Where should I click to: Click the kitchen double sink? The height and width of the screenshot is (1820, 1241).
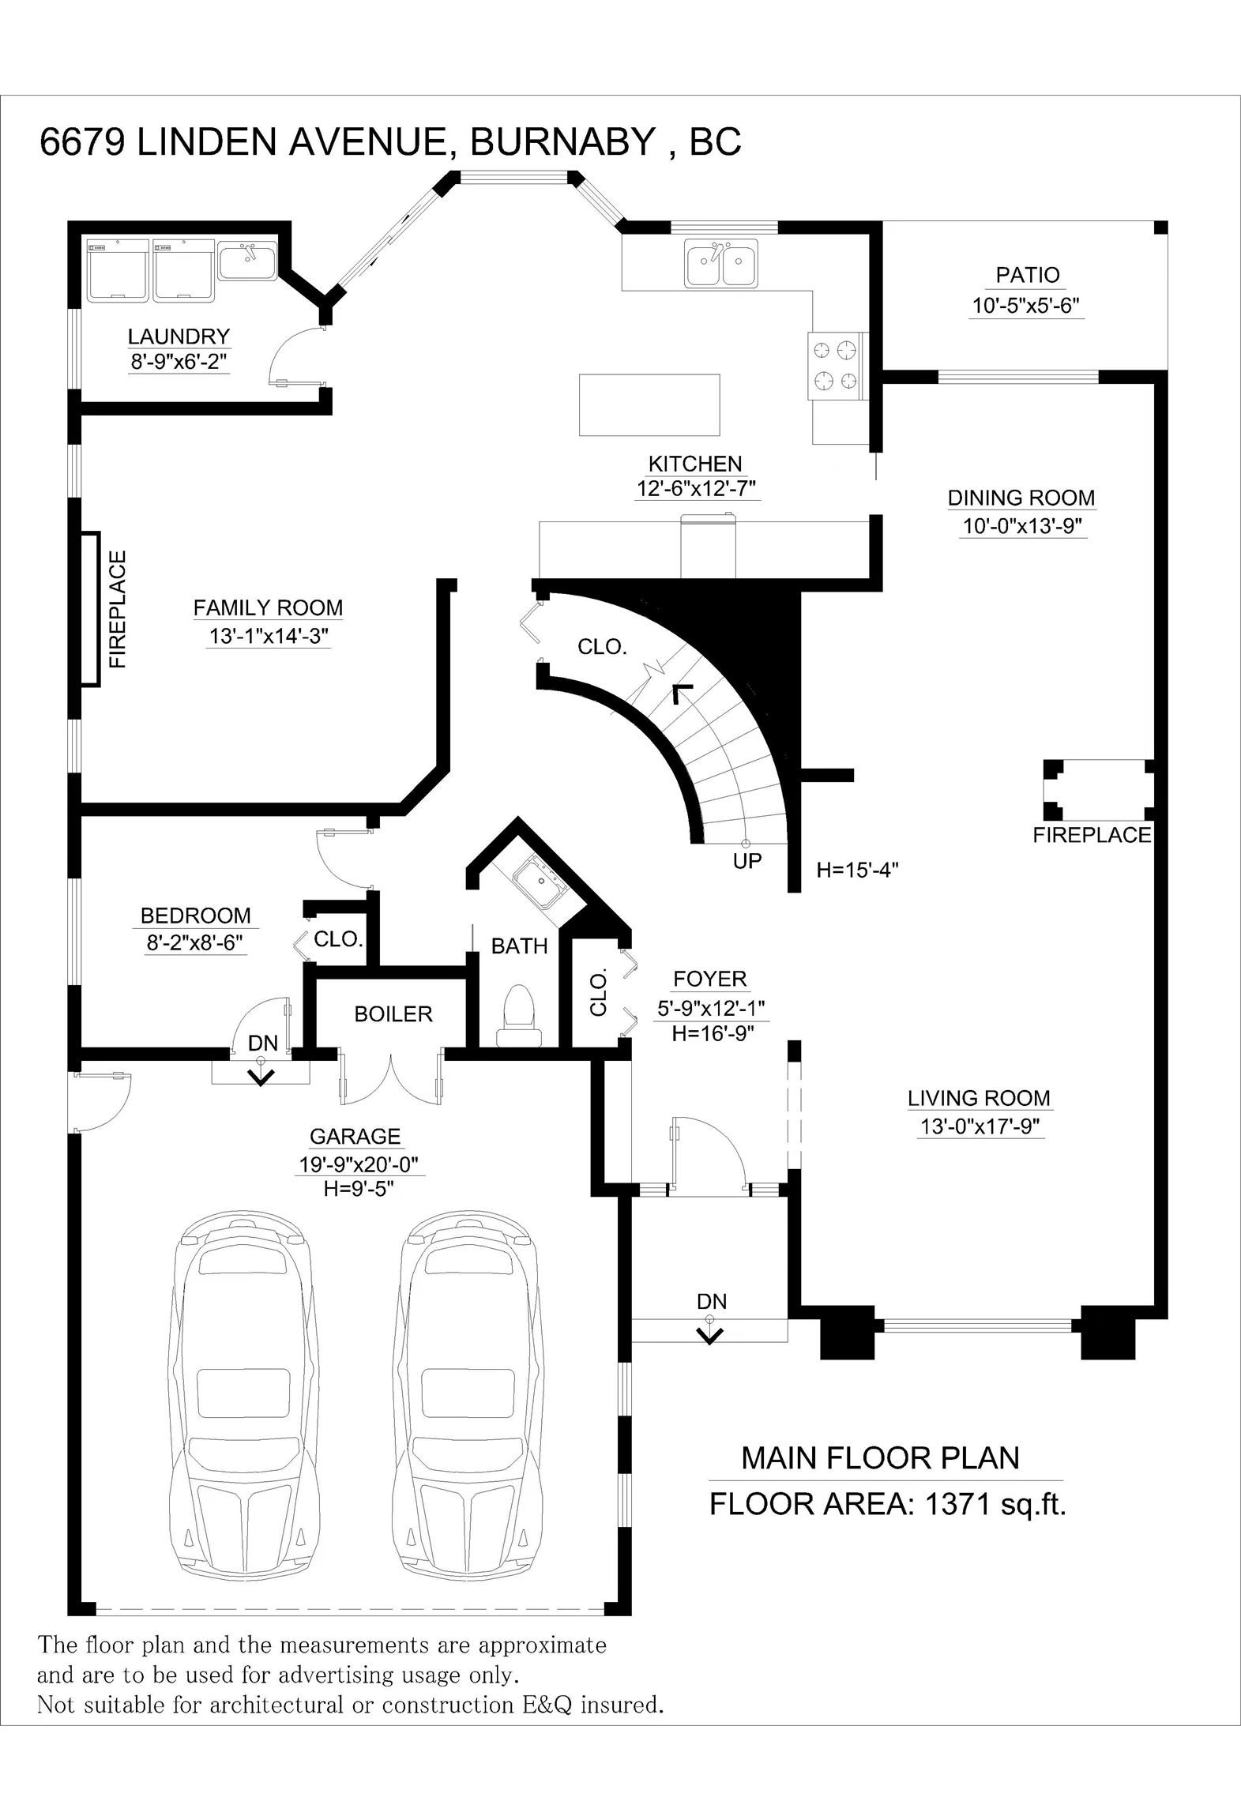[721, 263]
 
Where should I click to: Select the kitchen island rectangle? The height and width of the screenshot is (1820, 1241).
[649, 405]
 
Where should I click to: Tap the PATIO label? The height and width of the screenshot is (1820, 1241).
[1027, 275]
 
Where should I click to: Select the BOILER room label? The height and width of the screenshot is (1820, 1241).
[393, 1014]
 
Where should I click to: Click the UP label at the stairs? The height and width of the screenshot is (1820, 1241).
[746, 861]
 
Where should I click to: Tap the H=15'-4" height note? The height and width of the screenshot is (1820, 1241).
[858, 871]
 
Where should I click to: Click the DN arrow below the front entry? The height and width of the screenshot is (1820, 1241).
[710, 1335]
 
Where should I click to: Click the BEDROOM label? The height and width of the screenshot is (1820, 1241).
[195, 916]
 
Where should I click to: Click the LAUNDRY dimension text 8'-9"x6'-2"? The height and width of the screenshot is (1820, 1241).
[179, 362]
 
